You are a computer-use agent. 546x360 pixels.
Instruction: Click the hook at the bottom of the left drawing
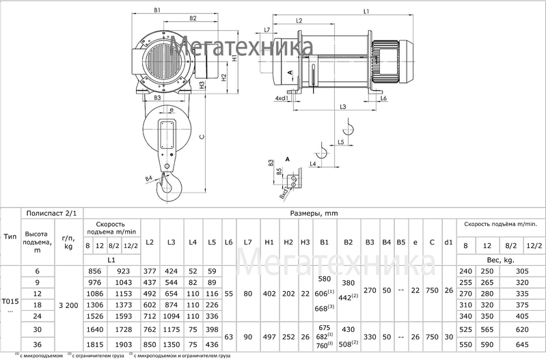coord(168,188)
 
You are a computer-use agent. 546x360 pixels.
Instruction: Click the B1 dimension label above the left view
coord(157,10)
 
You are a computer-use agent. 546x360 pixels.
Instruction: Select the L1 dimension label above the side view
coord(366,12)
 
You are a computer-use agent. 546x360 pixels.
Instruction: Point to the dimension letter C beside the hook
coord(202,137)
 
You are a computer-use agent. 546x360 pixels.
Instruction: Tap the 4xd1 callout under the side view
coord(282,99)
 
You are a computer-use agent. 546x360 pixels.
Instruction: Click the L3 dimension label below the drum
coord(342,107)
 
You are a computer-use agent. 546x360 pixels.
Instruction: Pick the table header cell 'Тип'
coord(10,236)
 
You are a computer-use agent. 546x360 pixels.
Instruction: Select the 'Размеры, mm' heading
coord(314,213)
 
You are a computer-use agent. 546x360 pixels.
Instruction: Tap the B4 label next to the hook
coord(148,179)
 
